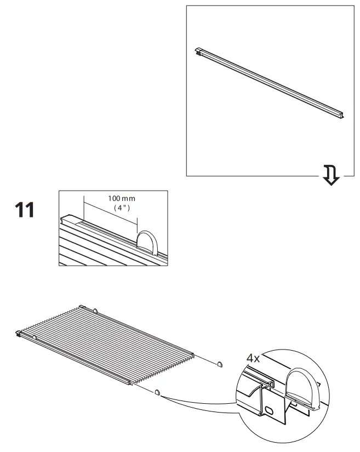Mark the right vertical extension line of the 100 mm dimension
136,219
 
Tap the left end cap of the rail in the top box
201,52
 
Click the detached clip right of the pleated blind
220,363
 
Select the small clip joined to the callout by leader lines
157,392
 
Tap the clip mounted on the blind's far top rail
95,311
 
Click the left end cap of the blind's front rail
20,333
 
